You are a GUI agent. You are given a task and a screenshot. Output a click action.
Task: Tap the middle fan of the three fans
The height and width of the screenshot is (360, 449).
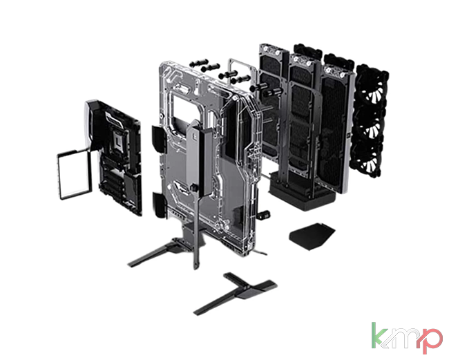[x=370, y=125]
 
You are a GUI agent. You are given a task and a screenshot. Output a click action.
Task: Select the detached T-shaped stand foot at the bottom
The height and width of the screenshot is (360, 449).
[x=236, y=293]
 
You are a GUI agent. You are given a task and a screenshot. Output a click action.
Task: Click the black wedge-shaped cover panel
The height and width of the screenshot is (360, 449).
[x=312, y=236]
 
